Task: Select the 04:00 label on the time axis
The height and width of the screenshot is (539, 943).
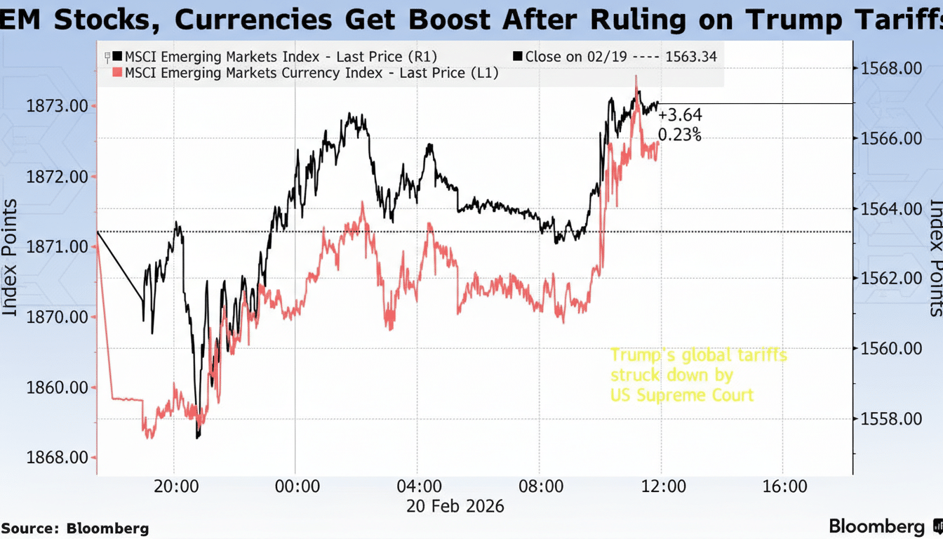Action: [x=419, y=486]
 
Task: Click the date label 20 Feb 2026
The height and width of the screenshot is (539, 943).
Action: [x=455, y=506]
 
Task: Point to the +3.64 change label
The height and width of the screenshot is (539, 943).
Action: [x=679, y=115]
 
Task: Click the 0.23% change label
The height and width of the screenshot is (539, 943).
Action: [x=679, y=134]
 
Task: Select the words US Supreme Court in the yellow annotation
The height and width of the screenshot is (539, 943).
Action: [x=681, y=395]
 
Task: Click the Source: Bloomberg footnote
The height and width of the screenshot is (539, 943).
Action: [x=75, y=528]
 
